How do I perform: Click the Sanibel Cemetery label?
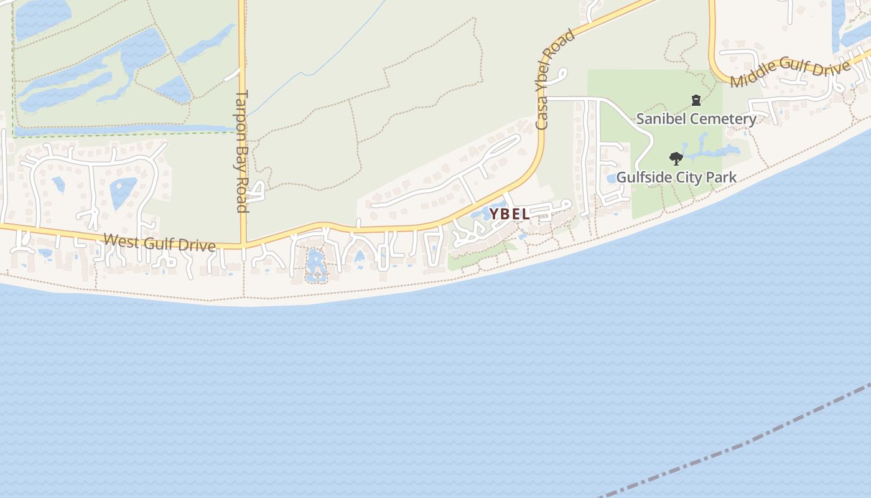click(696, 119)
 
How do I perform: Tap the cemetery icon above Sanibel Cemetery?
click(696, 100)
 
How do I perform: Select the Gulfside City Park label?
click(676, 177)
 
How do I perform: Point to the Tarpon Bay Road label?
click(242, 151)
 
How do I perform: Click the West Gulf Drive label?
click(160, 243)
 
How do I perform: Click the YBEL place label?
click(510, 214)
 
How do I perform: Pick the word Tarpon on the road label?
click(242, 112)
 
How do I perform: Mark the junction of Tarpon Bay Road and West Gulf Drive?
click(243, 245)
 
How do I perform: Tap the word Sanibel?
click(660, 119)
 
